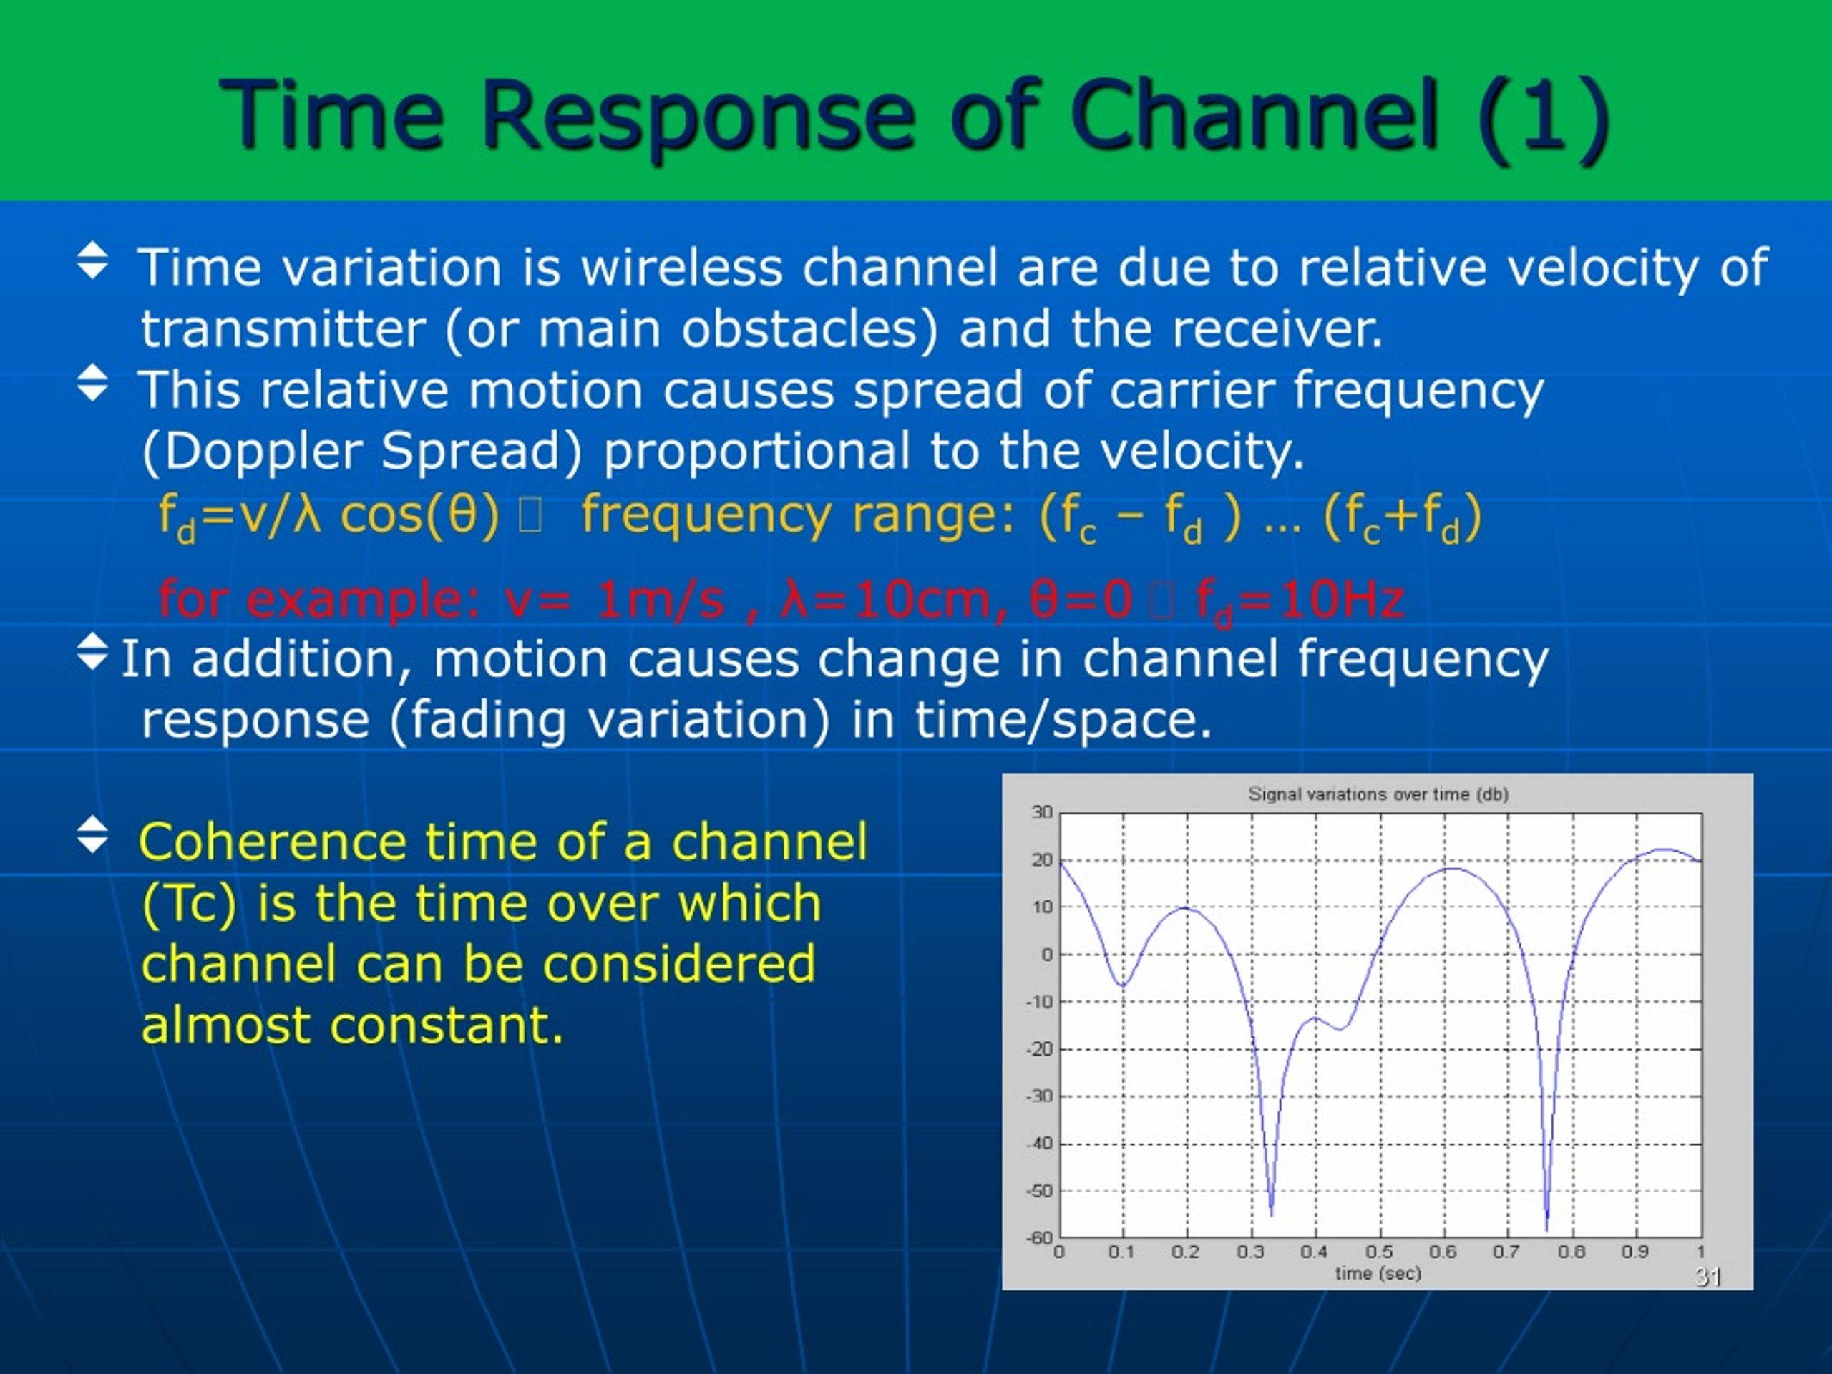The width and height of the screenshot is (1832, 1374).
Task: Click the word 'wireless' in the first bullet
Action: pos(681,267)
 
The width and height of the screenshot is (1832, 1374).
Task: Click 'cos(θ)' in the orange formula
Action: pos(420,515)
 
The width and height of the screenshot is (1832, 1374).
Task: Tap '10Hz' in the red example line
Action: pos(1342,600)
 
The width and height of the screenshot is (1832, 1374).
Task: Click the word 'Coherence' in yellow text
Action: pos(273,842)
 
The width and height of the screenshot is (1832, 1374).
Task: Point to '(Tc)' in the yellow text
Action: pos(190,904)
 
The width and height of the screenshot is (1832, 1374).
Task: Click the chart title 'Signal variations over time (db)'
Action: pos(1378,794)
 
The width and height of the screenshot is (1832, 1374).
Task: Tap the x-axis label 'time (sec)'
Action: pos(1378,1273)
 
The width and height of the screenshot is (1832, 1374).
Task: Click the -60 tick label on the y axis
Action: pos(1041,1237)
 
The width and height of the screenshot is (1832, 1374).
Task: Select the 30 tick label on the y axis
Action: pos(1043,812)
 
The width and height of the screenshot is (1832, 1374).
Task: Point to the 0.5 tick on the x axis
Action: pos(1379,1252)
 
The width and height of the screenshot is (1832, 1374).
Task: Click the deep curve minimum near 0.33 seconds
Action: pos(1271,1214)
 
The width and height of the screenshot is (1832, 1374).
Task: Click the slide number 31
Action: pos(1707,1276)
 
